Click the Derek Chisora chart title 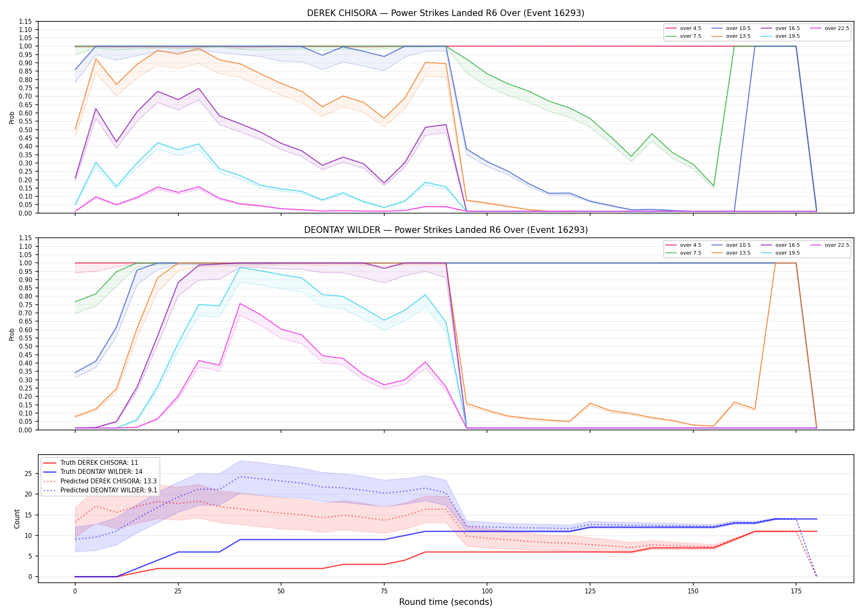coord(445,13)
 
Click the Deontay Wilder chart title coord(446,230)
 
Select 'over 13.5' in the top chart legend coord(738,36)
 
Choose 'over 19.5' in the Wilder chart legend coord(787,253)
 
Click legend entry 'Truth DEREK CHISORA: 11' coord(99,463)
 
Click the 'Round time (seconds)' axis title coord(445,602)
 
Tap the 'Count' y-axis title coord(17,519)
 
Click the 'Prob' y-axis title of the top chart coord(12,117)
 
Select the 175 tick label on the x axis coord(796,591)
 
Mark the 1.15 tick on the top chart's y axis coord(25,21)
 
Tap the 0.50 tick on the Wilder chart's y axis coord(25,347)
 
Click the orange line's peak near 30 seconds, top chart coord(198,48)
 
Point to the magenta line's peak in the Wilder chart coord(240,303)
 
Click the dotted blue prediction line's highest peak coord(240,477)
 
